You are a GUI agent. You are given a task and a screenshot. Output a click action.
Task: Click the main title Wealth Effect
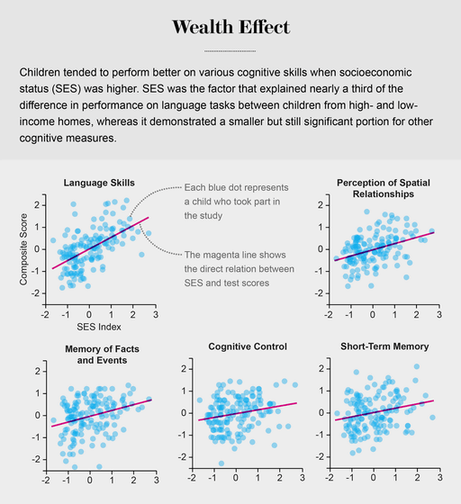coord(230,27)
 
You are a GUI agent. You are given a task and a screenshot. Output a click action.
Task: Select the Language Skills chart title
coord(99,183)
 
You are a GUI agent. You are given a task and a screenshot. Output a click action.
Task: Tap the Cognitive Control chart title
coord(248,346)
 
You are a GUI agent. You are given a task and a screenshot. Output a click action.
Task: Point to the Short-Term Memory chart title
coord(384,346)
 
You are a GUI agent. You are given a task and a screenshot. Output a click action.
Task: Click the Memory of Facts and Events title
coord(103,355)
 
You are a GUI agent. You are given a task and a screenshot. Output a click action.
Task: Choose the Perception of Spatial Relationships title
coord(384,188)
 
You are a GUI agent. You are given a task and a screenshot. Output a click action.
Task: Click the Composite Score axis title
coord(23,249)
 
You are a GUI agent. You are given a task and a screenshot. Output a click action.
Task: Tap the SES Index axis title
coord(99,327)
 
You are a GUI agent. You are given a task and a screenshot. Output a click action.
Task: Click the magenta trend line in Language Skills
coord(101,243)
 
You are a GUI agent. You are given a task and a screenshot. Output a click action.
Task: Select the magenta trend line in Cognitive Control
coord(248,411)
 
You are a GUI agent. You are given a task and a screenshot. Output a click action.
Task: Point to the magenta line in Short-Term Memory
coord(384,410)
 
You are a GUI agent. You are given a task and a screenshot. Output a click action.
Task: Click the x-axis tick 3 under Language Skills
coord(156,314)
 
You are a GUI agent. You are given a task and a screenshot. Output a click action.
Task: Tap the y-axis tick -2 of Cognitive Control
coord(184,457)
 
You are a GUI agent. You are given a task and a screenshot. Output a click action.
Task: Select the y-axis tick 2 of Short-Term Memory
coord(321,369)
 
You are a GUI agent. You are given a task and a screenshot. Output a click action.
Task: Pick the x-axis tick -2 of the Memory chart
coord(46,481)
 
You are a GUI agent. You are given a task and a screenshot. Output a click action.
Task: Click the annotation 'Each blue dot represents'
coord(236,187)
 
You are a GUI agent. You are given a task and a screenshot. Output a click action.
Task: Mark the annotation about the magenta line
coord(240,269)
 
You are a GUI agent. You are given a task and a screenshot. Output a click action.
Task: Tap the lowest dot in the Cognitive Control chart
coord(221,463)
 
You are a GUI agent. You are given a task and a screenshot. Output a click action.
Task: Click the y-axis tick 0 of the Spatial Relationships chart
coord(321,249)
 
